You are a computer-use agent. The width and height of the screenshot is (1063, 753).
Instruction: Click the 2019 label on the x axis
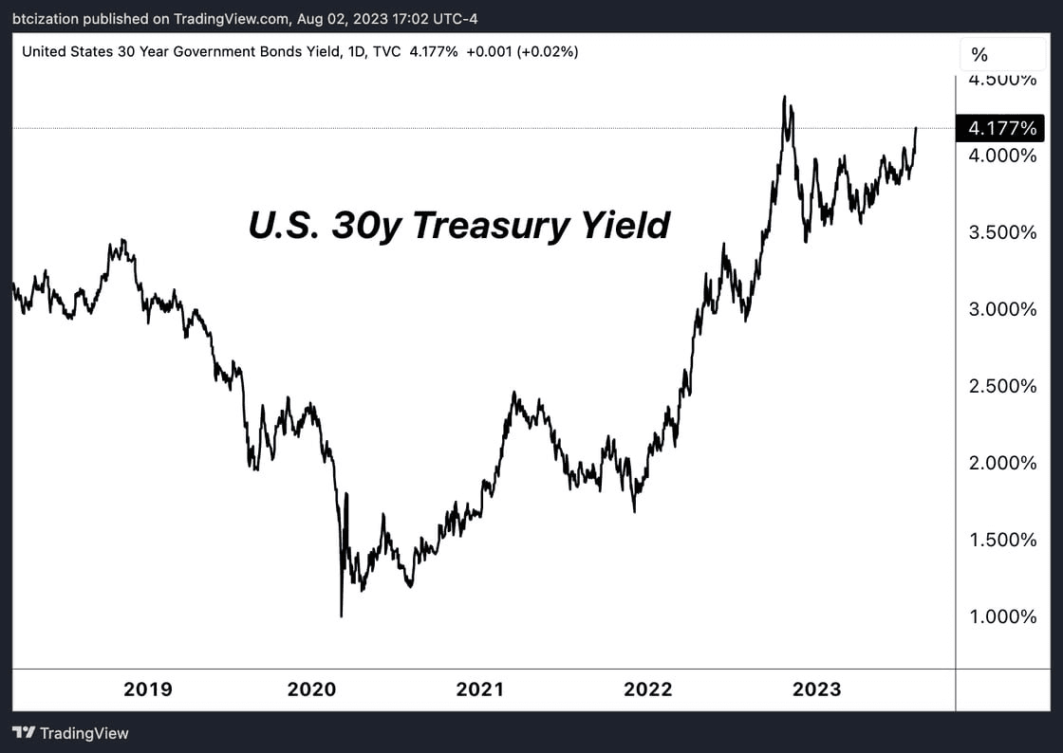point(148,689)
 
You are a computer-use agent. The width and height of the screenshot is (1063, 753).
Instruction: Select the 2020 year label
point(312,689)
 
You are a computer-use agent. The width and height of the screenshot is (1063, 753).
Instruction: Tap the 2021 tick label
point(479,689)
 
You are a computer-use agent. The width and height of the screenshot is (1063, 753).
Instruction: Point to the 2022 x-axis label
point(647,689)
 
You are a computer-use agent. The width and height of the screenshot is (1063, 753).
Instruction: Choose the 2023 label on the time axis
point(816,689)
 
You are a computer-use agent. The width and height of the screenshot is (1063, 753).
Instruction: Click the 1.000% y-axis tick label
point(1001,616)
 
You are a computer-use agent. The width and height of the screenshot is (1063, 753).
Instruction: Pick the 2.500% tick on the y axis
point(1001,386)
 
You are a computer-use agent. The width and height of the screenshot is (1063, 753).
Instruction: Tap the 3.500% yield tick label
point(1001,232)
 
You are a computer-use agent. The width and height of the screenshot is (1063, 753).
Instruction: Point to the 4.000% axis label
point(1001,156)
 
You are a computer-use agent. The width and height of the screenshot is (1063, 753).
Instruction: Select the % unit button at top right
point(979,55)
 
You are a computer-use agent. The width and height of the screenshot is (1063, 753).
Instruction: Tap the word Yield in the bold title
point(627,226)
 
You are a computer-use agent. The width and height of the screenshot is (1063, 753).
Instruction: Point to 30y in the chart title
point(364,226)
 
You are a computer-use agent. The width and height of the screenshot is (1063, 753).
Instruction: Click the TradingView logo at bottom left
point(70,733)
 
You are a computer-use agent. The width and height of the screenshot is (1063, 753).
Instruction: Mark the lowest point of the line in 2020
point(341,616)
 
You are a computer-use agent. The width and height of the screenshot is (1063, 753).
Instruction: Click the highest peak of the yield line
point(784,97)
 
